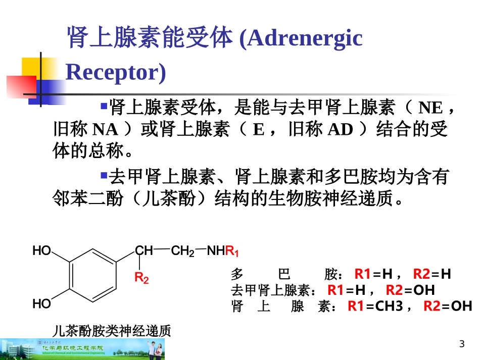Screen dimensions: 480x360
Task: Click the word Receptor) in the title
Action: [116, 72]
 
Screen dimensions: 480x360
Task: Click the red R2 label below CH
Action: [141, 278]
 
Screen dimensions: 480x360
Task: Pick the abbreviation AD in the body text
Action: [340, 130]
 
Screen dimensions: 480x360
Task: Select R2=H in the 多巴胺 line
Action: [431, 274]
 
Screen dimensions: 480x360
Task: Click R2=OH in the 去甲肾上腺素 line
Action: [410, 290]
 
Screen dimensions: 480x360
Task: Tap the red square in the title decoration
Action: [21, 86]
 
